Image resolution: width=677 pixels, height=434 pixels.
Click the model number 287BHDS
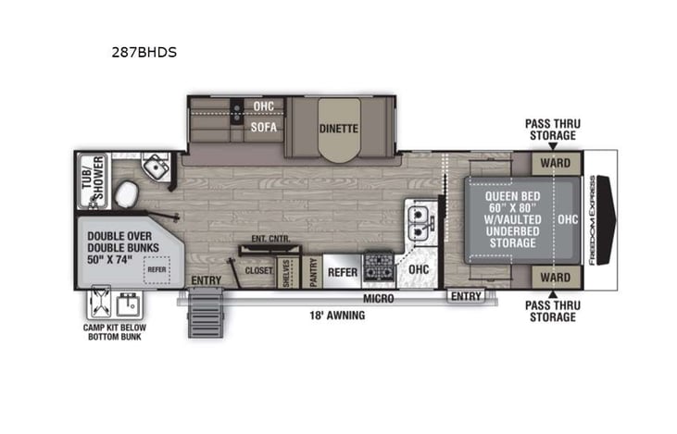coord(144,53)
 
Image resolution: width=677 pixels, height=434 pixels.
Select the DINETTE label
coord(338,129)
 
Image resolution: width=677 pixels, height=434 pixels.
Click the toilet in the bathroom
coord(125,194)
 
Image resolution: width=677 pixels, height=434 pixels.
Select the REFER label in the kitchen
coord(343,272)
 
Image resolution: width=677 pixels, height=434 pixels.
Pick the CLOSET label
coord(258,272)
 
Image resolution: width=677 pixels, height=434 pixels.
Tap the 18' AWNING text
coord(336,315)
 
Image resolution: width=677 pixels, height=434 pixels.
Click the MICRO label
coord(378,298)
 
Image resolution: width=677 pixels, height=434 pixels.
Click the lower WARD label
coord(555,277)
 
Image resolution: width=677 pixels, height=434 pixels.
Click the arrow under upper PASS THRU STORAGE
coord(551,147)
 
